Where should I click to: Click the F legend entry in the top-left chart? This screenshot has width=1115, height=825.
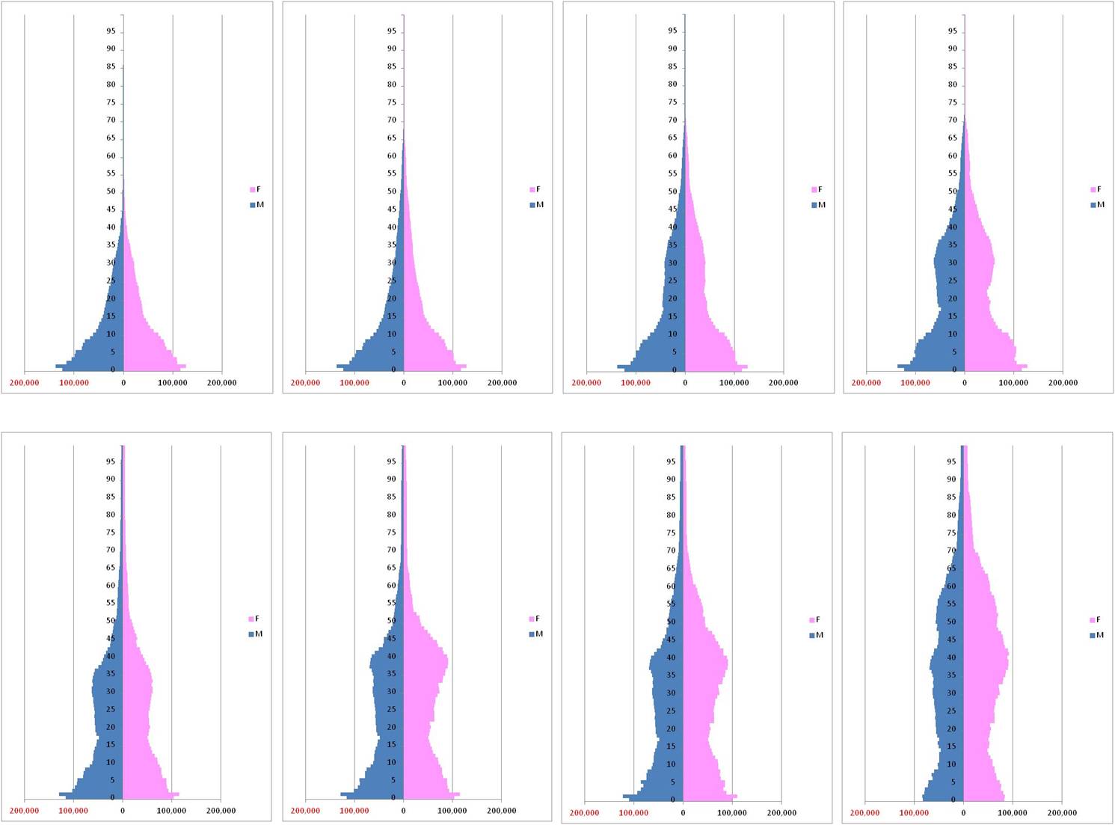point(256,190)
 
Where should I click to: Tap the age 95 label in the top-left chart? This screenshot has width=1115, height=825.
point(111,31)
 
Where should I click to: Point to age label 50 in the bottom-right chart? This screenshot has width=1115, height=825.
point(952,622)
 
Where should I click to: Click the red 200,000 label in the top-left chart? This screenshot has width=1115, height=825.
point(25,383)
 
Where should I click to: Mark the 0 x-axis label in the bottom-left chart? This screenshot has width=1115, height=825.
point(123,811)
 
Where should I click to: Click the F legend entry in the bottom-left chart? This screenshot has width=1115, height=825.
point(254,619)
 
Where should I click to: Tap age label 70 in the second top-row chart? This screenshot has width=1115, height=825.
point(392,120)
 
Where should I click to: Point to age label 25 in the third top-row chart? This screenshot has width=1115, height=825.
point(672,281)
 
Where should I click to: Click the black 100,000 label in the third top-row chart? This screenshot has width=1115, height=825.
point(734,383)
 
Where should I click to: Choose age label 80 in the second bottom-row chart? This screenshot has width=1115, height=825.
point(392,515)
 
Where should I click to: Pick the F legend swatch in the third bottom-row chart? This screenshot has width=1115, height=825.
point(812,620)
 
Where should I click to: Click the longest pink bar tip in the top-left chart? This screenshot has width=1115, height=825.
point(185,366)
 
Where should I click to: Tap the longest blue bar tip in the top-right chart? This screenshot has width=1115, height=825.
point(898,366)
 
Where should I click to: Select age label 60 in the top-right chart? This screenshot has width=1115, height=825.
point(953,156)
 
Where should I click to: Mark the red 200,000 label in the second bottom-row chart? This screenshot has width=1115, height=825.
point(305,811)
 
